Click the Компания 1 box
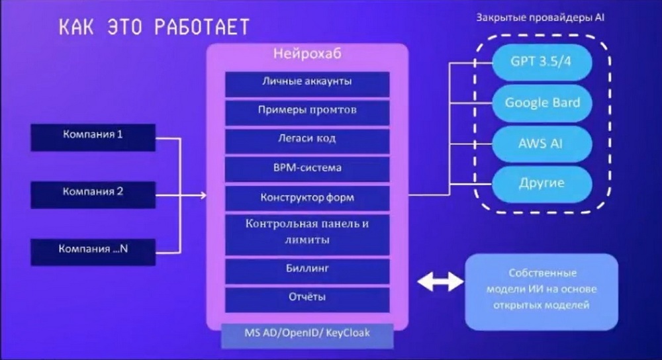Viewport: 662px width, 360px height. (x=93, y=137)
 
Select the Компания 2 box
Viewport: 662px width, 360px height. (x=93, y=195)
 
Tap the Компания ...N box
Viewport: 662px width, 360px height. (x=93, y=252)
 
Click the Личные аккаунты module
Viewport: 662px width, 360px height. (x=307, y=84)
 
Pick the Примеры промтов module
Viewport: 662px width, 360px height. (x=307, y=112)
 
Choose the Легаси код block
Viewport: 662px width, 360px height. (x=307, y=141)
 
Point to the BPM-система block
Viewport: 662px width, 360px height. (x=307, y=169)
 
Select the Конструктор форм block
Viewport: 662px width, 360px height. (x=307, y=199)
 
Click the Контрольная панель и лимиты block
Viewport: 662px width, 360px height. (x=307, y=235)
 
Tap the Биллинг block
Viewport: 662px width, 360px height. (x=307, y=271)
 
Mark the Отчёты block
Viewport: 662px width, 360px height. (x=307, y=300)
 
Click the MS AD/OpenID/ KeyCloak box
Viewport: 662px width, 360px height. (x=307, y=336)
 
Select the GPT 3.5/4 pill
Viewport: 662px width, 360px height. (x=542, y=62)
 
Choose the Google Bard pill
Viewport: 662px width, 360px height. (x=542, y=103)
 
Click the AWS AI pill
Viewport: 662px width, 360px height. (x=542, y=144)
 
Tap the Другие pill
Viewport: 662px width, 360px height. (x=542, y=184)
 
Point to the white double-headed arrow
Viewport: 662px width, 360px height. (x=440, y=281)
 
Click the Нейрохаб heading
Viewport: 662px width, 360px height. (x=307, y=54)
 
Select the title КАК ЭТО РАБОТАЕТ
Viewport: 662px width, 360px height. (x=154, y=27)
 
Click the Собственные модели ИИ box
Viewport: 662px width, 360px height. (x=542, y=292)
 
